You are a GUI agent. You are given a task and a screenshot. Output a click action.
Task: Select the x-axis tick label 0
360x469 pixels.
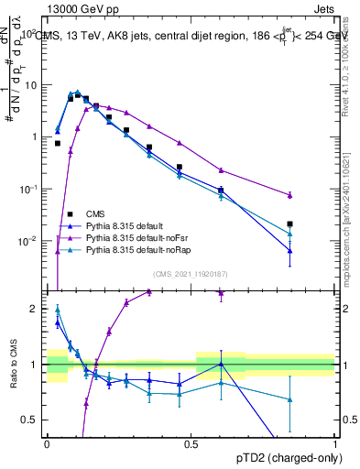(47, 443)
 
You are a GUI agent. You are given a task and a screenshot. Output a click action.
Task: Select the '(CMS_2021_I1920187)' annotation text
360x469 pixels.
(190, 274)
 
